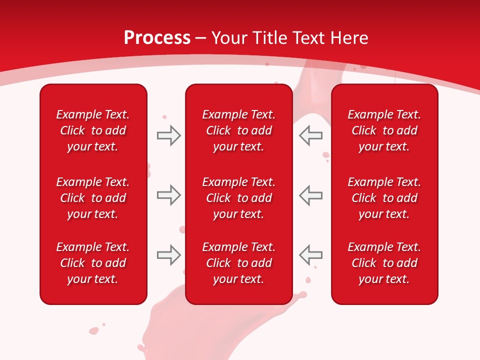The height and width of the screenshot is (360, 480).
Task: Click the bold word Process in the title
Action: [x=157, y=38]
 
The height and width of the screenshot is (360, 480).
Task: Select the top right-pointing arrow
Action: [x=169, y=135]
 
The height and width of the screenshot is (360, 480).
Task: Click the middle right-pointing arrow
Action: [x=169, y=195]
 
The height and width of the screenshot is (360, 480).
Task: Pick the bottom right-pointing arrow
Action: [x=169, y=255]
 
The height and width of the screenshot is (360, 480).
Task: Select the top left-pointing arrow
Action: [x=310, y=135]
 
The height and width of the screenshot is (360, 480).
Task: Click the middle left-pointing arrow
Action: [x=310, y=195]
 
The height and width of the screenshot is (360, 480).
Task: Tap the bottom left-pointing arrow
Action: [x=310, y=255]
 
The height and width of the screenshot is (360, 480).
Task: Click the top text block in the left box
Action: [x=93, y=130]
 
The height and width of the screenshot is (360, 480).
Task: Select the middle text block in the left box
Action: [x=93, y=198]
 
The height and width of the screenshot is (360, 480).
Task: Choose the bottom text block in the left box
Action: [x=93, y=263]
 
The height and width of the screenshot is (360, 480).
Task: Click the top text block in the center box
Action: [x=238, y=130]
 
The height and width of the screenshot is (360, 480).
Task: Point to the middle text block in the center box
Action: [x=238, y=198]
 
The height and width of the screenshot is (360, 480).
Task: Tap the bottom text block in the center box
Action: [x=238, y=263]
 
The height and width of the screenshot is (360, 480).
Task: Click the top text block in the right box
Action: [x=384, y=130]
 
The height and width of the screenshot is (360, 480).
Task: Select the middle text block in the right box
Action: [x=384, y=198]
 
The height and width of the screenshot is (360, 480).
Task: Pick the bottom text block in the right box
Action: [x=384, y=263]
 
